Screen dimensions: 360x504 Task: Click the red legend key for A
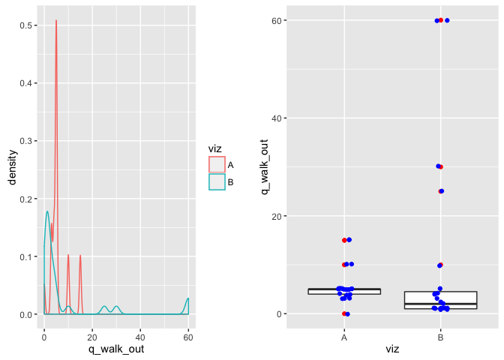[217, 165]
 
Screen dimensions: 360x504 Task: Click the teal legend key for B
[217, 182]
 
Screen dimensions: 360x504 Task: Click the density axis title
[12, 166]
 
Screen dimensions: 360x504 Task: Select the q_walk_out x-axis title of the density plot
[116, 349]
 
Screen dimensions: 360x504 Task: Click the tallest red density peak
[56, 21]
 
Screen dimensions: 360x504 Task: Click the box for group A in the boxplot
[344, 291]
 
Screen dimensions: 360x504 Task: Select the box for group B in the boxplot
[440, 300]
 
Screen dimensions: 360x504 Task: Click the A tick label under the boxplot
[344, 337]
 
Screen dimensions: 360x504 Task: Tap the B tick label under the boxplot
[440, 337]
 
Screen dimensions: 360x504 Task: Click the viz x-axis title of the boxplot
[392, 349]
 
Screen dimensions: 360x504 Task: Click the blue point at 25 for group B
[442, 191]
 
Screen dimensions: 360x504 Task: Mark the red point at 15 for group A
[344, 241]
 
